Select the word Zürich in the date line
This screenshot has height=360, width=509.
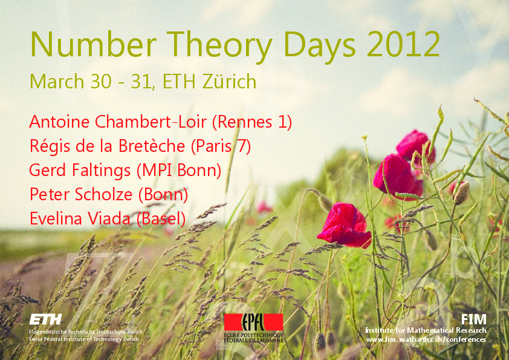(229, 81)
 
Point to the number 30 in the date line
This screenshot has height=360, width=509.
(101, 82)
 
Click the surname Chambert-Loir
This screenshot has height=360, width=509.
(151, 122)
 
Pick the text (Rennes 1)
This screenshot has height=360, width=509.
(252, 122)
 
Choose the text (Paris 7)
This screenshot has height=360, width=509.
(221, 146)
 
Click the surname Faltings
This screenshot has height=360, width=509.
(102, 171)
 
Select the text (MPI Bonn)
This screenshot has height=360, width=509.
(179, 171)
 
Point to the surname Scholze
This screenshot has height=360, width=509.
(104, 194)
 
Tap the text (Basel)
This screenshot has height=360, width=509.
(161, 219)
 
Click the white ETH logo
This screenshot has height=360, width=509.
(45, 319)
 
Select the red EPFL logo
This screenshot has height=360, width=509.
(253, 322)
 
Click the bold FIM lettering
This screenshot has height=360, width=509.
(474, 319)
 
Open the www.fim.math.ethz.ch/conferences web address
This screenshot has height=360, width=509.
(426, 339)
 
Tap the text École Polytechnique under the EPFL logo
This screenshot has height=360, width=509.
(253, 335)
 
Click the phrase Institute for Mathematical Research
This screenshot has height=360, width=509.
(426, 330)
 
